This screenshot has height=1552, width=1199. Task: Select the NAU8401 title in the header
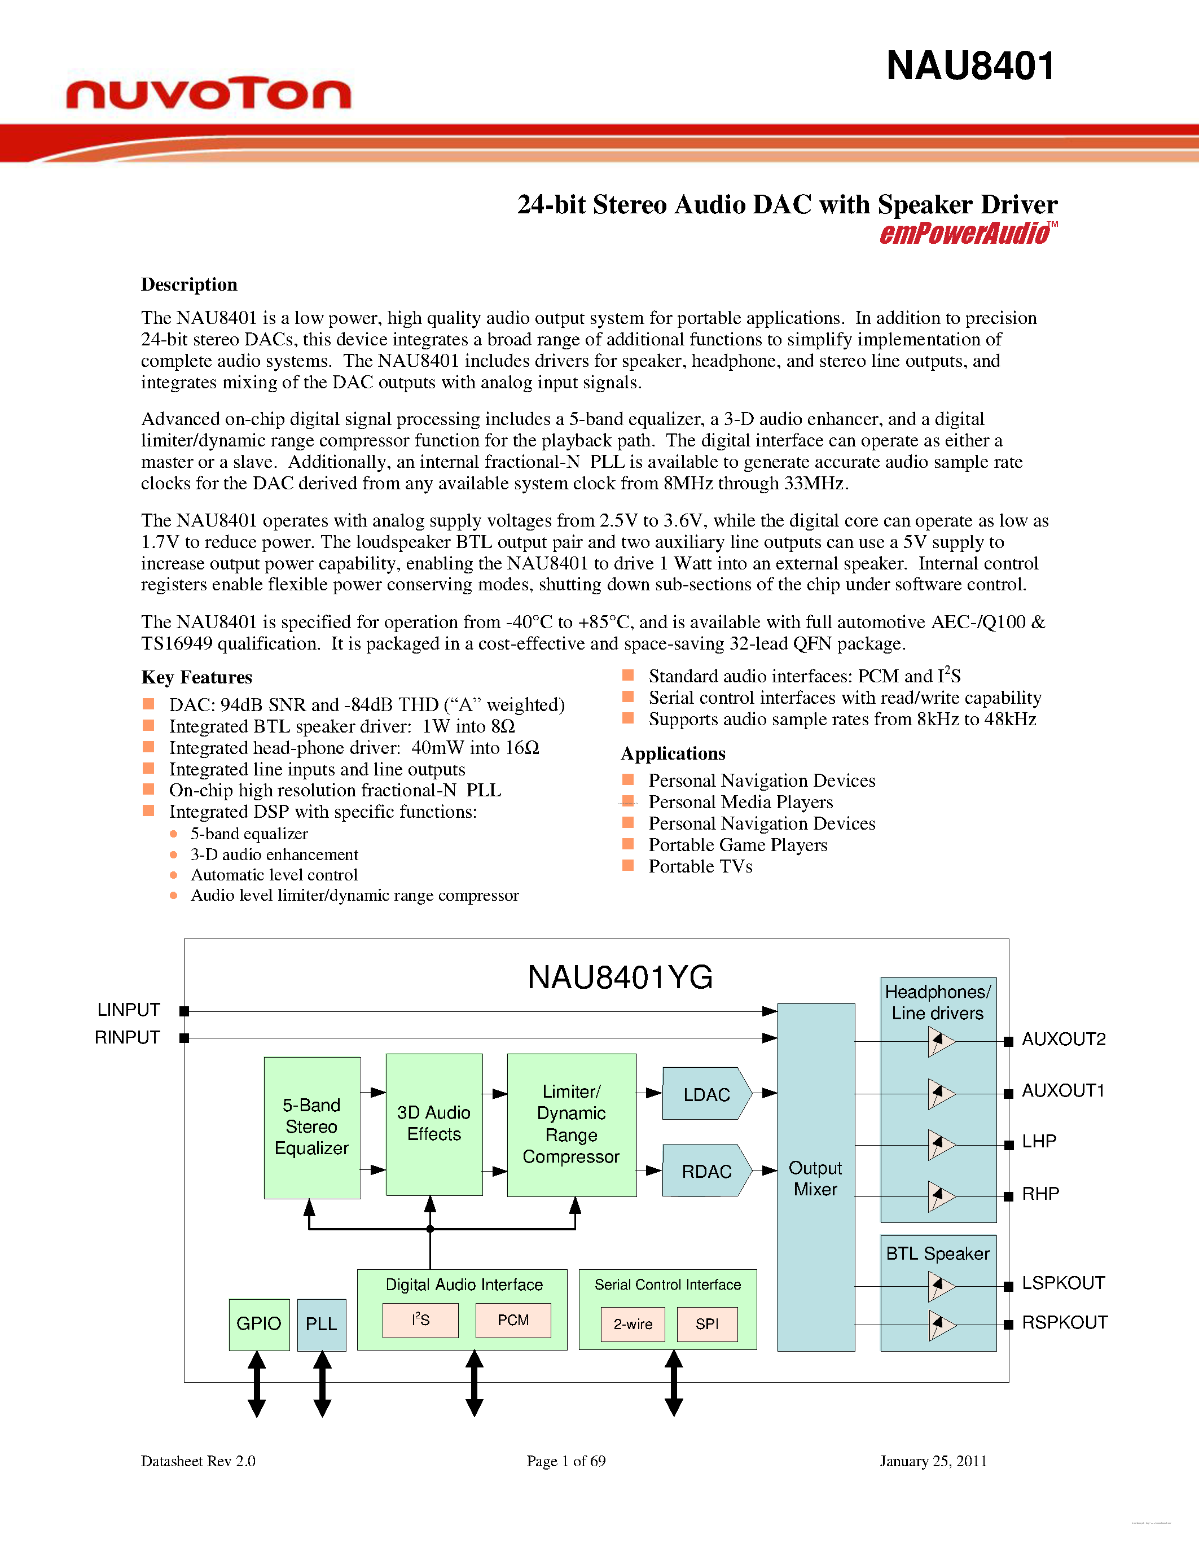[970, 66]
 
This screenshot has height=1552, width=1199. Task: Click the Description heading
[189, 284]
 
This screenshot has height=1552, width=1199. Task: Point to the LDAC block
[706, 1094]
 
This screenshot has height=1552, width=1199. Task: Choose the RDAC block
[706, 1171]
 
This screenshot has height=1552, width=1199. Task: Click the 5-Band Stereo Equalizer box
[312, 1127]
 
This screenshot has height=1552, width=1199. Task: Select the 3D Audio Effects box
[434, 1124]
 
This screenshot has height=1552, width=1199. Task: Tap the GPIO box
[258, 1324]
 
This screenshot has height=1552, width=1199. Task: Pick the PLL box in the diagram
[321, 1324]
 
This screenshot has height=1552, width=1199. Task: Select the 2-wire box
[633, 1325]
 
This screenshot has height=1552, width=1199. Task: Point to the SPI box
[707, 1325]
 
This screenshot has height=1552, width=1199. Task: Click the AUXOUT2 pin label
[1064, 1040]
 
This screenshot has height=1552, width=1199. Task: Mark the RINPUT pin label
[128, 1037]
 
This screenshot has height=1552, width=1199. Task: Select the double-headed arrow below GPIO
[257, 1384]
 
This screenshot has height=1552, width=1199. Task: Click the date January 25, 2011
[933, 1461]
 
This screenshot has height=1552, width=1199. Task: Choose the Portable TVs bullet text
[700, 866]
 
